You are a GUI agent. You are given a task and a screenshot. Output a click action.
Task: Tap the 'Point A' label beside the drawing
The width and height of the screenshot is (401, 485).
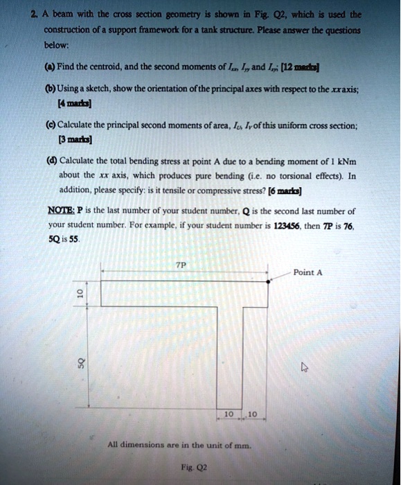coord(308,272)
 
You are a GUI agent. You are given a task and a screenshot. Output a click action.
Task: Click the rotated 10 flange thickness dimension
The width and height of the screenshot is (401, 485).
coord(81,294)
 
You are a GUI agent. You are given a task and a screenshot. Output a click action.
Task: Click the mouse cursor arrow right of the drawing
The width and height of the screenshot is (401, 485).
coord(303,369)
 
